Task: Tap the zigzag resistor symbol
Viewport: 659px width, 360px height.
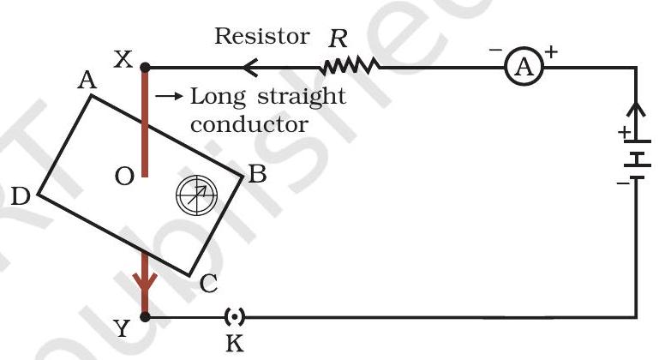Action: click(350, 65)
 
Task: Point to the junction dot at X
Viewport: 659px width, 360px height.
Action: click(145, 66)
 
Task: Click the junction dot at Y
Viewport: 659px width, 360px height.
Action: click(145, 316)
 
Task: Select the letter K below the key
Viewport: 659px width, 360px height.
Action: click(232, 344)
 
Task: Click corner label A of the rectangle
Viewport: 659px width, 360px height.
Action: click(85, 80)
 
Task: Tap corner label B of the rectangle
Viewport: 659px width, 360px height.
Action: click(256, 177)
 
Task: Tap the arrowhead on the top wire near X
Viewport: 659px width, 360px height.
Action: click(252, 66)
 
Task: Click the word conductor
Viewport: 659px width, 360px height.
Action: click(249, 123)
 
